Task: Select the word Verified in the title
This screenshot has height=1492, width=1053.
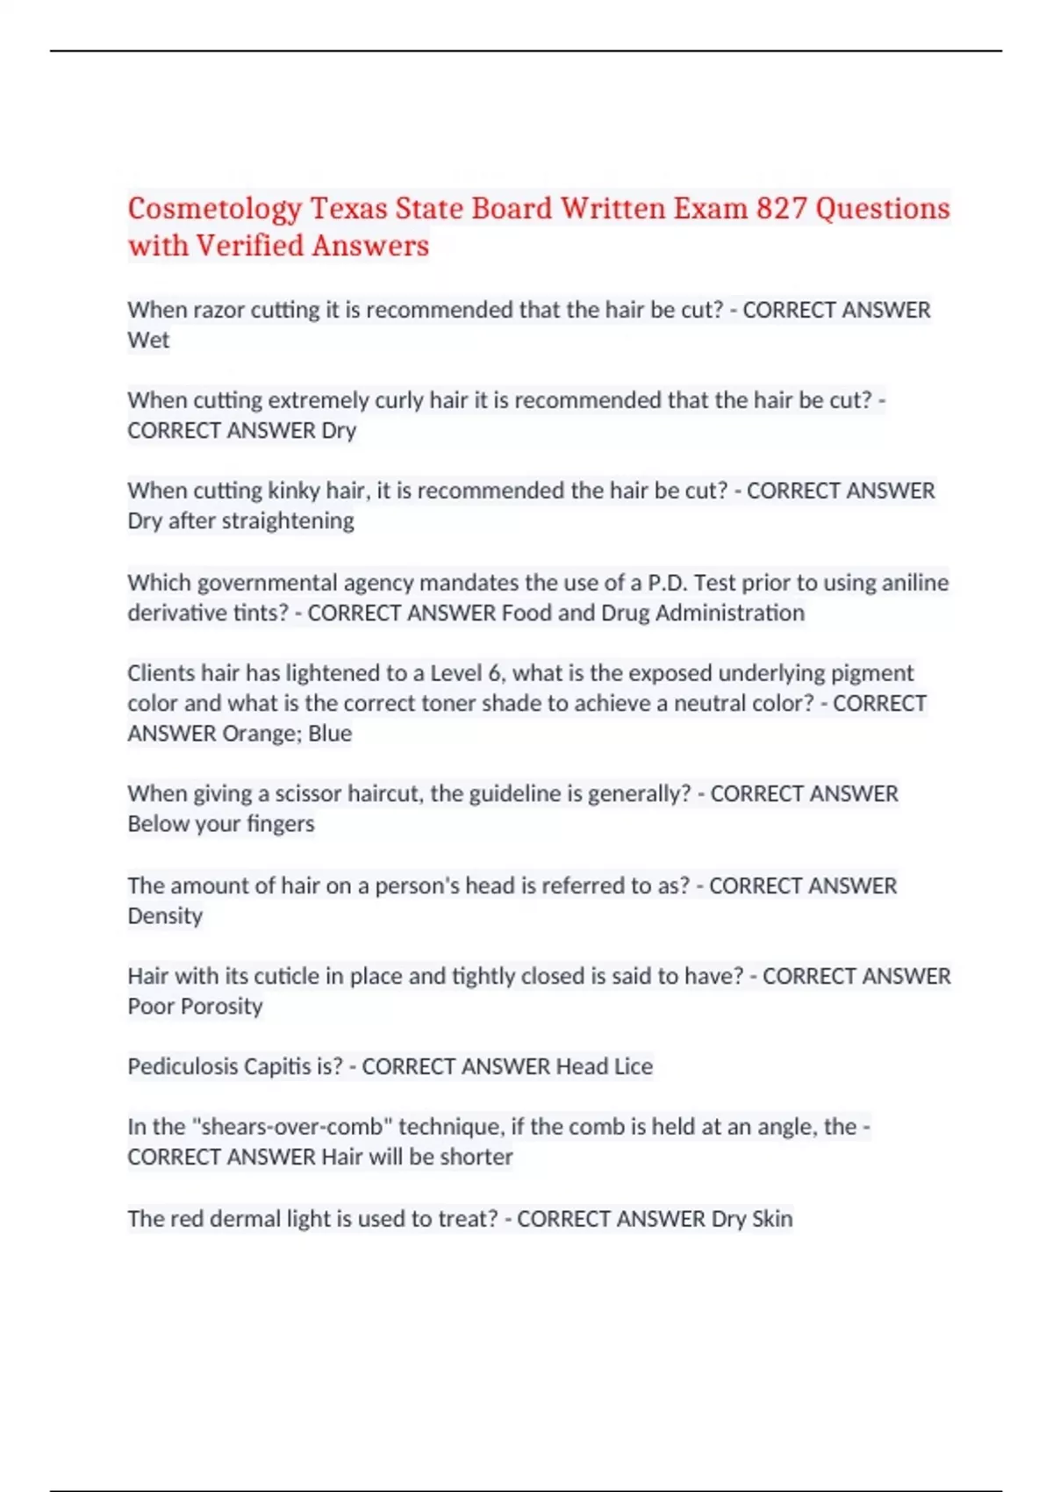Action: tap(248, 246)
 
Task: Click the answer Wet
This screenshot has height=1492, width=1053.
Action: tap(148, 341)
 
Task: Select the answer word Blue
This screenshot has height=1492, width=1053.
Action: tap(330, 734)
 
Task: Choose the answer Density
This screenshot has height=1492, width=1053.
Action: tap(165, 916)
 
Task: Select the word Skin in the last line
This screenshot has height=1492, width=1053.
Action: tap(772, 1219)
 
